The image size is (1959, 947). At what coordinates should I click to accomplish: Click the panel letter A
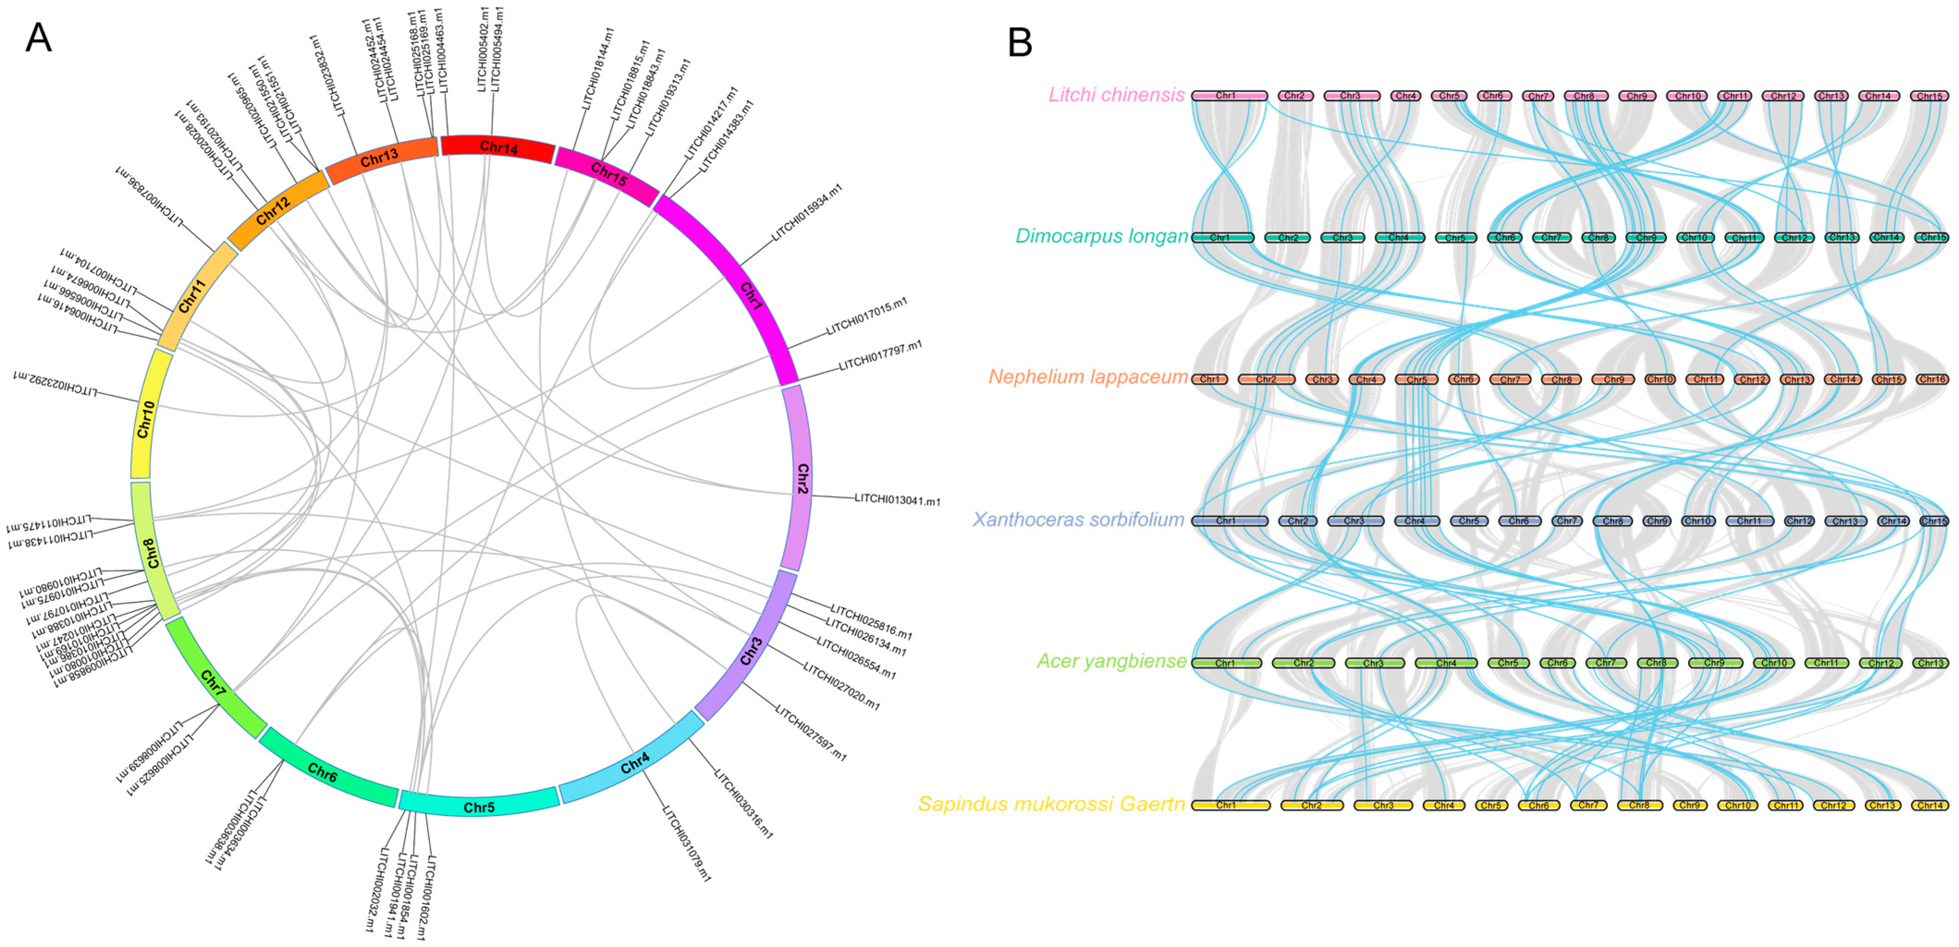(x=38, y=37)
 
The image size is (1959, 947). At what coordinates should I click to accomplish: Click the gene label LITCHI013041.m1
(x=897, y=500)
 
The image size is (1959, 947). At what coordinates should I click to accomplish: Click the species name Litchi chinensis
(x=1116, y=95)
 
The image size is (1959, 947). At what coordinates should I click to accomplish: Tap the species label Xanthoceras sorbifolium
(x=1078, y=519)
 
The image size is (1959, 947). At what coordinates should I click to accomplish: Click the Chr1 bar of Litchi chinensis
(x=1228, y=96)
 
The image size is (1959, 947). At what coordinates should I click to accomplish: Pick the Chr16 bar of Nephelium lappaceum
(x=1932, y=379)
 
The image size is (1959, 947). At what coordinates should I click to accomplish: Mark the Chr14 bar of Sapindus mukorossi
(x=1930, y=805)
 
